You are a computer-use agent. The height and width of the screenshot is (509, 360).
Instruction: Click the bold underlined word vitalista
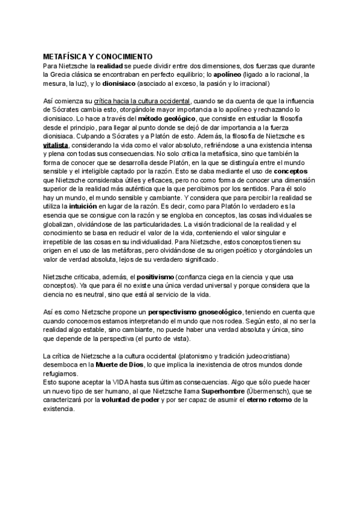[56, 145]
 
